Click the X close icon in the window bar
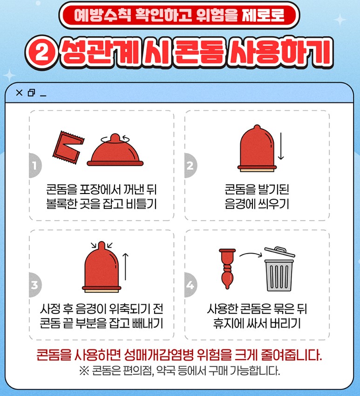coord(19,93)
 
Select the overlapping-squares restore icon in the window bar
coord(32,93)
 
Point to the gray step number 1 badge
coord(35,165)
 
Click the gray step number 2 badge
coord(190,165)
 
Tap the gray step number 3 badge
coord(35,285)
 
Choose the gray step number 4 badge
coord(190,285)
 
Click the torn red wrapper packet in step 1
coord(68,148)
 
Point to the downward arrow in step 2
coord(281,146)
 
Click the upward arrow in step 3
coord(125,267)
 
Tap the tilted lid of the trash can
coord(279,252)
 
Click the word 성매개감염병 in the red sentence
coord(158,355)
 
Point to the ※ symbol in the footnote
coord(84,371)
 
